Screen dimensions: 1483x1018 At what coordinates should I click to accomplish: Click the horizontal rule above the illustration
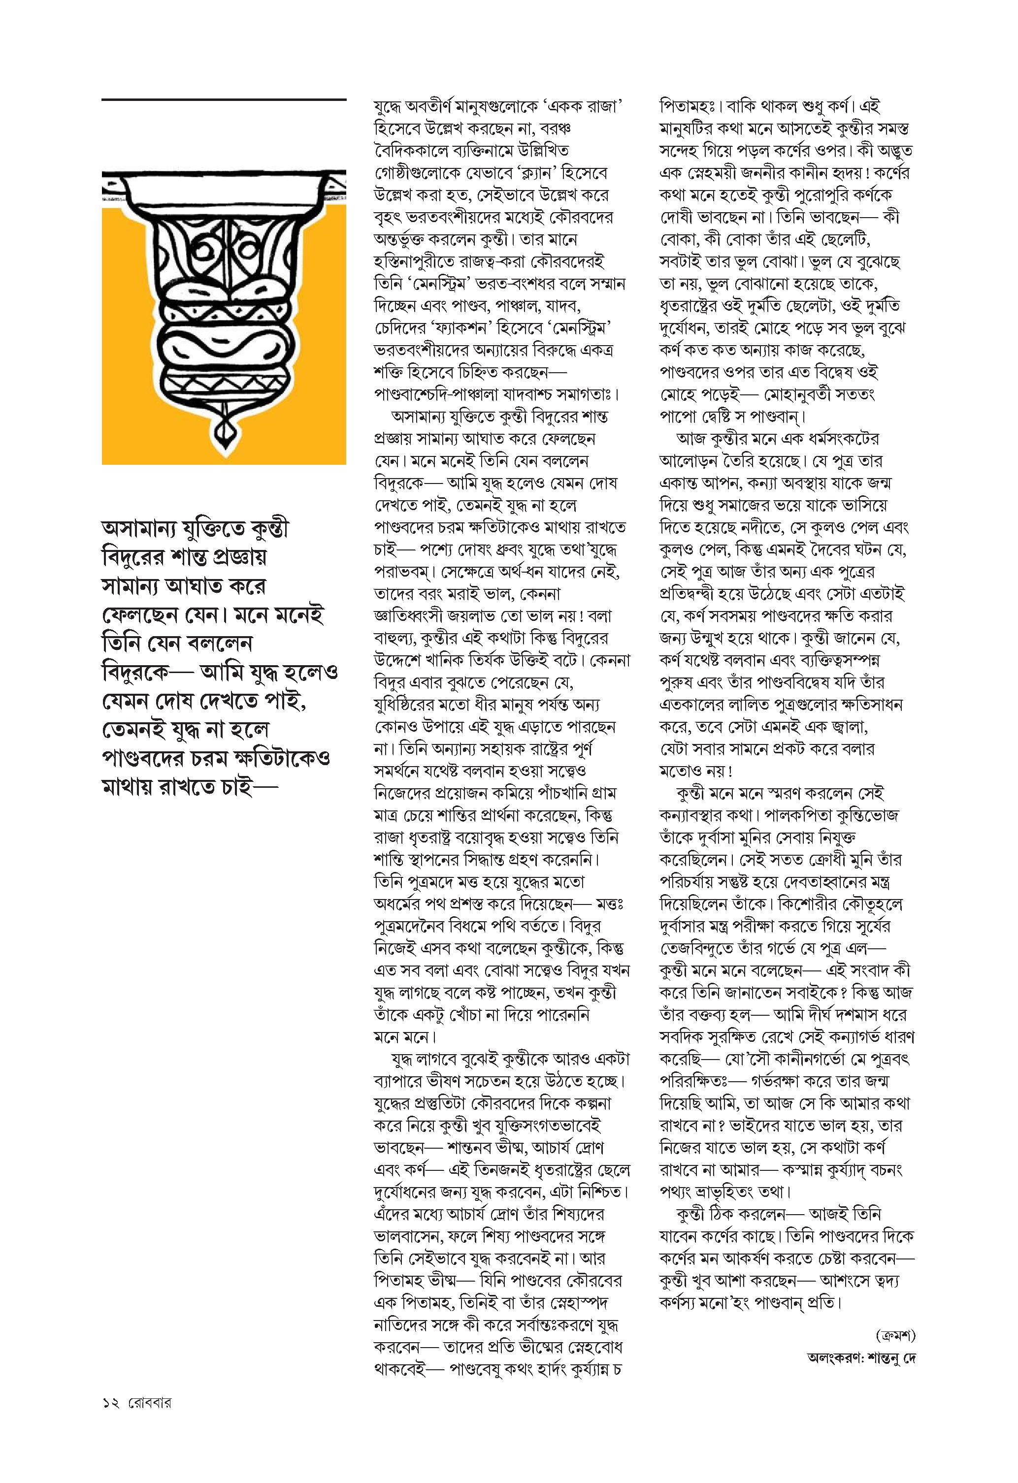coord(224,100)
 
